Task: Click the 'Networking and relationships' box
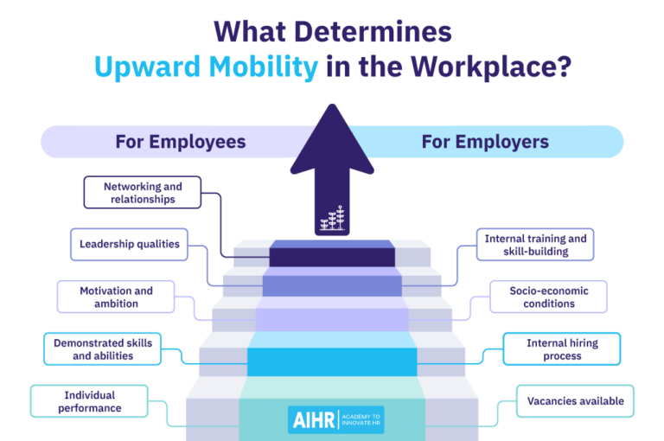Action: pos(143,193)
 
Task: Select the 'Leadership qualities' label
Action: pos(130,245)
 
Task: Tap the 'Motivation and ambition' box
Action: pos(116,297)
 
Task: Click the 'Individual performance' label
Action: pos(90,401)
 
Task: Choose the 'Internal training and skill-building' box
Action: pos(535,245)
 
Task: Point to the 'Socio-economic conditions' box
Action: pos(548,297)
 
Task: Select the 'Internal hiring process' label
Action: pos(562,349)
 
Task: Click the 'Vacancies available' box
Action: pos(575,401)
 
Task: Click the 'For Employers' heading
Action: pos(485,142)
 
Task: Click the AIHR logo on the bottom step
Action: pos(335,419)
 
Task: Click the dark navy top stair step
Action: pos(332,257)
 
